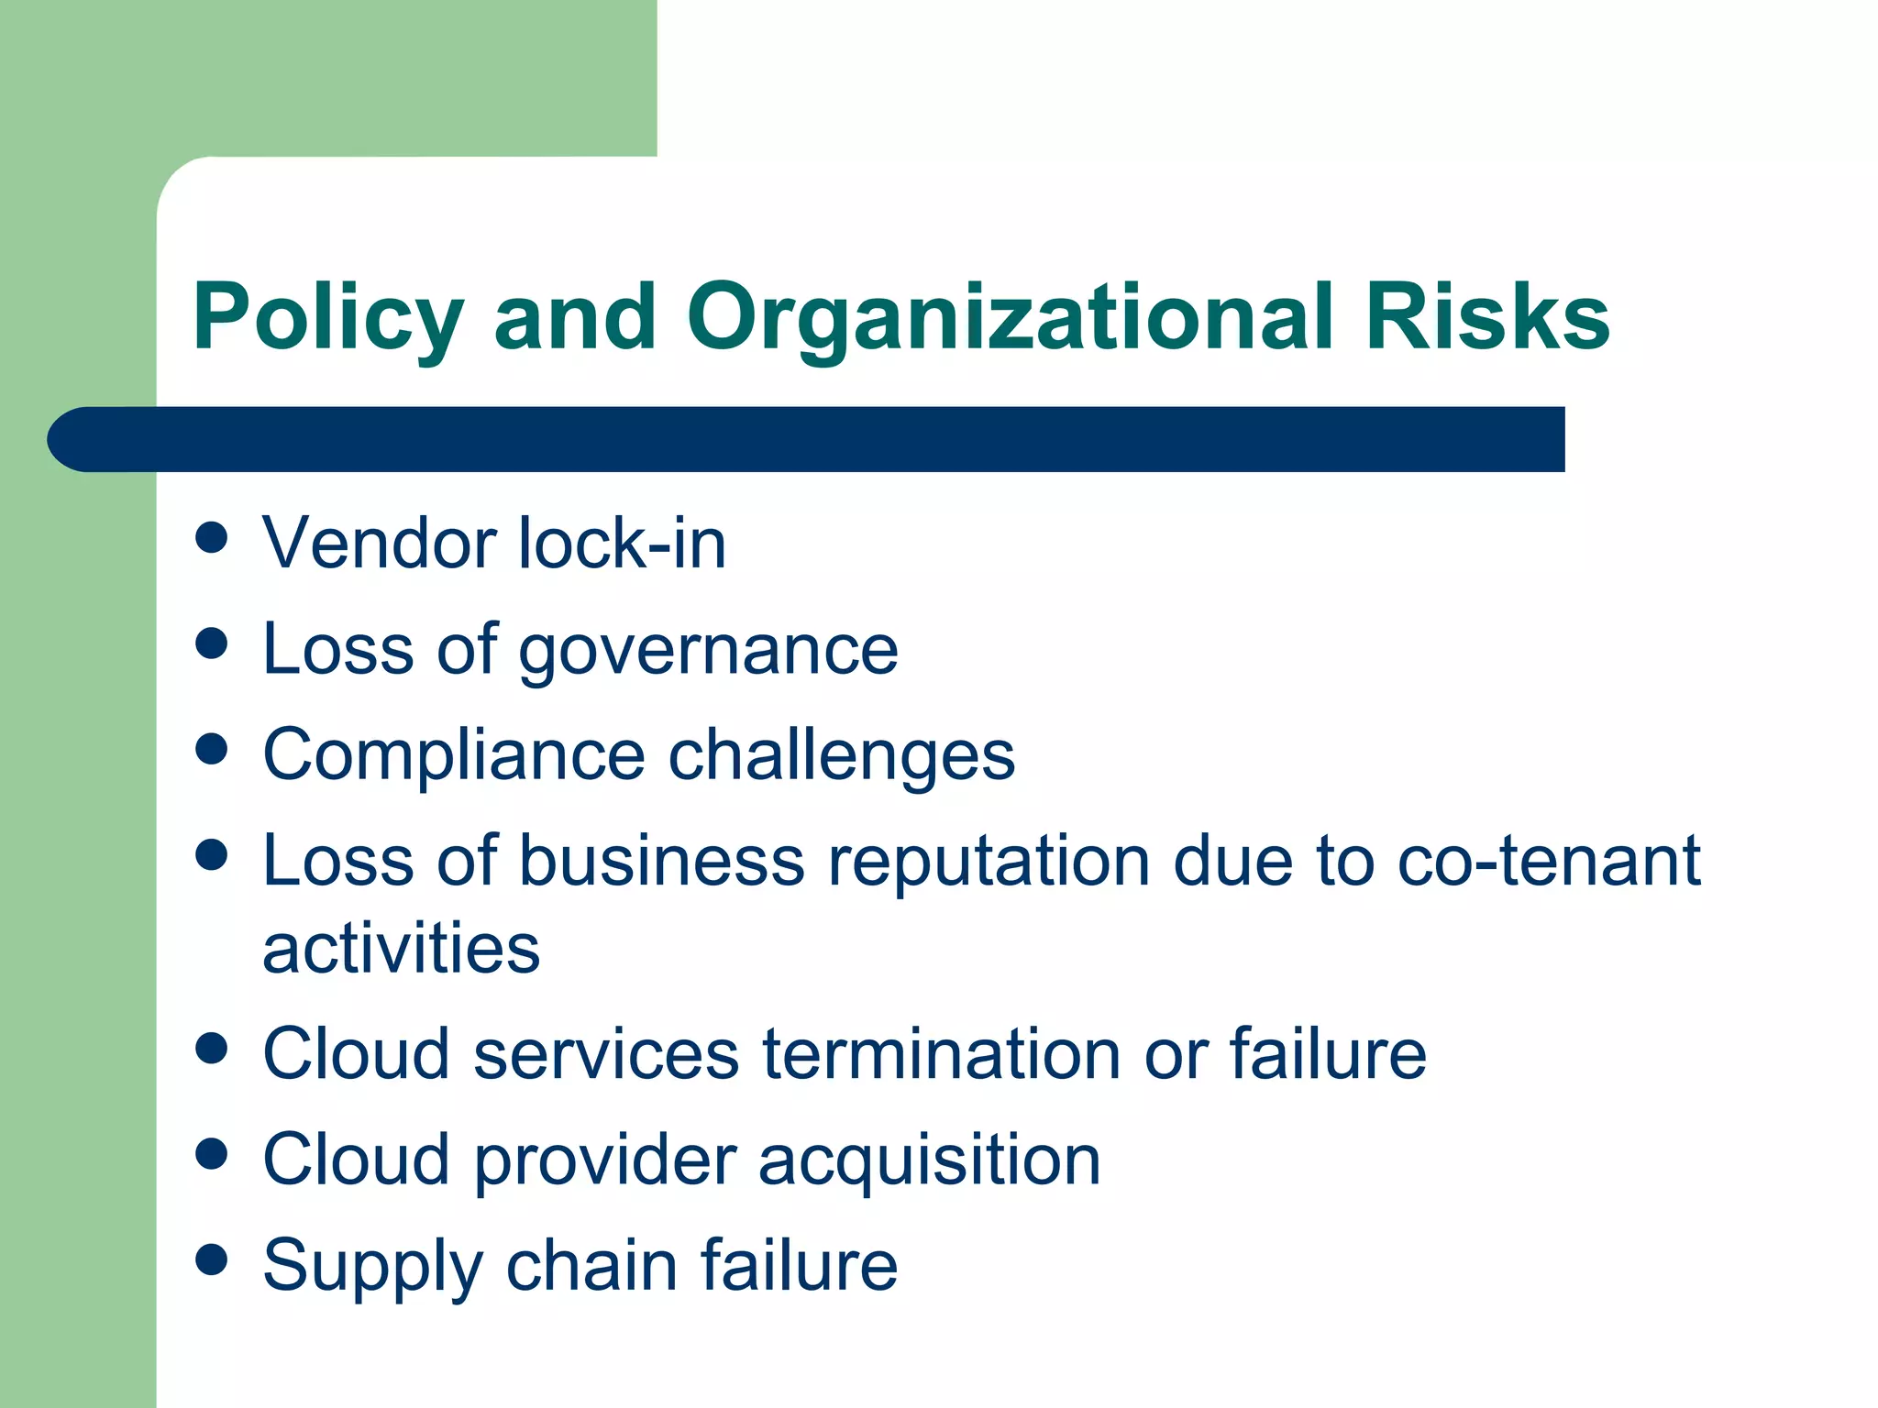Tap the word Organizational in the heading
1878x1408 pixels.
click(x=1010, y=317)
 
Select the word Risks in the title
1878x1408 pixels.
click(x=1486, y=317)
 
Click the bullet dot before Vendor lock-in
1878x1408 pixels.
click(x=212, y=538)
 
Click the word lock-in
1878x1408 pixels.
click(x=623, y=544)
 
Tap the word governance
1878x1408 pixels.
click(x=709, y=650)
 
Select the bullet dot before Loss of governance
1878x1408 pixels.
click(x=212, y=643)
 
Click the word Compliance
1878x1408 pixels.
click(x=455, y=755)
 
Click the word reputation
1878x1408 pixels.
click(x=989, y=863)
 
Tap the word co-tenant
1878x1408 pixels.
click(x=1549, y=861)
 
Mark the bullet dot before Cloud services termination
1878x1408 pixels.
click(x=212, y=1049)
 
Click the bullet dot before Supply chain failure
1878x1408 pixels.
click(x=212, y=1260)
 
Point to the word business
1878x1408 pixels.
click(x=661, y=861)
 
